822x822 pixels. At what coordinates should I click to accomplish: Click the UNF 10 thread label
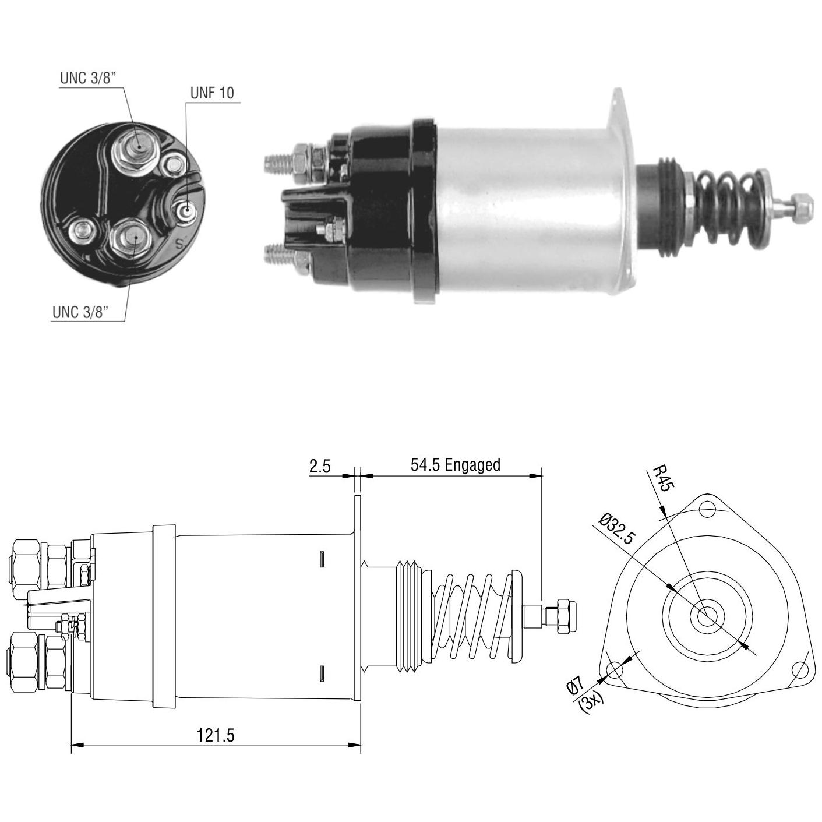coord(212,93)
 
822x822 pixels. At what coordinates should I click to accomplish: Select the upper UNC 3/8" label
coord(89,78)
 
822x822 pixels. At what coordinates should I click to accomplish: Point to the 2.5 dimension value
coord(320,466)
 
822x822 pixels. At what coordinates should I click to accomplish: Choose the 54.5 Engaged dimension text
coord(456,464)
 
